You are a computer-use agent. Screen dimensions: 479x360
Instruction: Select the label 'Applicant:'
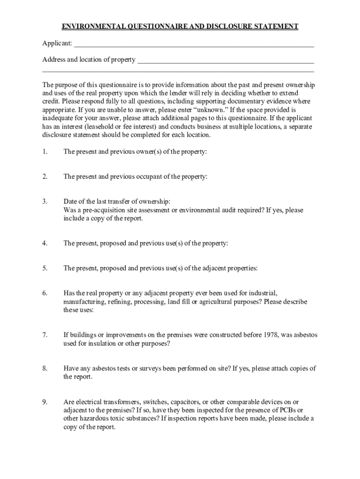tap(57, 44)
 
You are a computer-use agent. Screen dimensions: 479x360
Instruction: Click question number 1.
tap(45, 152)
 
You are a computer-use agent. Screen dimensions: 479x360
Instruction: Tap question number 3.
tap(45, 202)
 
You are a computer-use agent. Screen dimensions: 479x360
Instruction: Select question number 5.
tap(45, 269)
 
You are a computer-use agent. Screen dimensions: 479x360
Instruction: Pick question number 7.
tap(45, 335)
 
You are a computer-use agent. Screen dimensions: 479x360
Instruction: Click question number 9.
tap(45, 402)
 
